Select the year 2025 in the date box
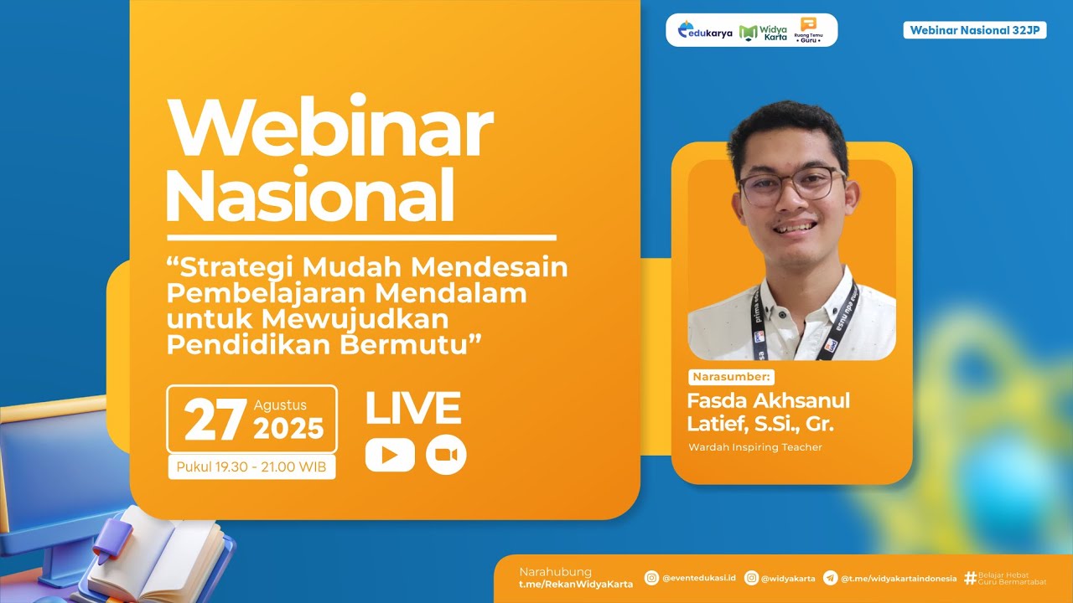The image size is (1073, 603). pyautogui.click(x=288, y=429)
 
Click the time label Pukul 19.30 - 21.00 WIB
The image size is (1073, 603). pyautogui.click(x=251, y=467)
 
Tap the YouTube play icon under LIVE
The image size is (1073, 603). pyautogui.click(x=390, y=455)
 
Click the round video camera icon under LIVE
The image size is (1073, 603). pyautogui.click(x=446, y=455)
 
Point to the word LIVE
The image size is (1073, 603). pyautogui.click(x=412, y=409)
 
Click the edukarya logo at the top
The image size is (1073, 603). pyautogui.click(x=705, y=32)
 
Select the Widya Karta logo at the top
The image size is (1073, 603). pyautogui.click(x=764, y=32)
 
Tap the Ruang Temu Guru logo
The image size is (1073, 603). pyautogui.click(x=808, y=30)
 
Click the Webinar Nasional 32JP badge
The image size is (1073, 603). pyautogui.click(x=974, y=30)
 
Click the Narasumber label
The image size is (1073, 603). pyautogui.click(x=732, y=377)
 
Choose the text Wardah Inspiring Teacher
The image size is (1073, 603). pyautogui.click(x=755, y=447)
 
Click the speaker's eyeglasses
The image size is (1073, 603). pyautogui.click(x=791, y=184)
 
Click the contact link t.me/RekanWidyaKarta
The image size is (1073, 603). pyautogui.click(x=576, y=584)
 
